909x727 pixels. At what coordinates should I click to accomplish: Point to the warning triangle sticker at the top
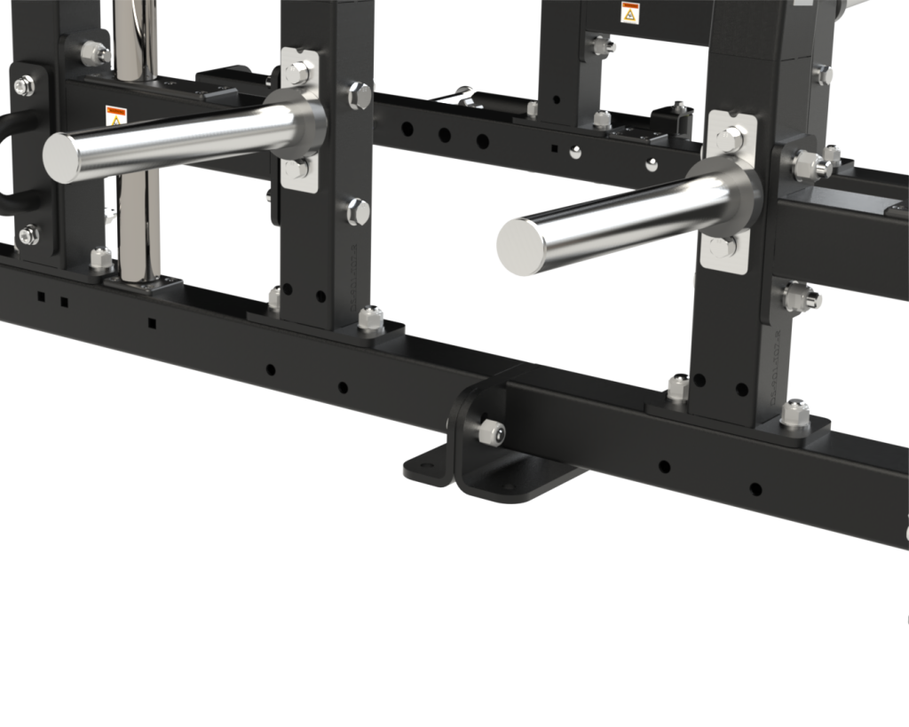click(x=628, y=14)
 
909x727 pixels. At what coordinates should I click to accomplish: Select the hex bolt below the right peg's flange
click(x=723, y=245)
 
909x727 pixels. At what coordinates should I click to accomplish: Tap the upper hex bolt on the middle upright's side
click(x=360, y=93)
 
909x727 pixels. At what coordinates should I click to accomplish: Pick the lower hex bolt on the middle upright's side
click(x=359, y=210)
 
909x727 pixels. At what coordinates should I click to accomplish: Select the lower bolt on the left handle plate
click(x=28, y=234)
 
